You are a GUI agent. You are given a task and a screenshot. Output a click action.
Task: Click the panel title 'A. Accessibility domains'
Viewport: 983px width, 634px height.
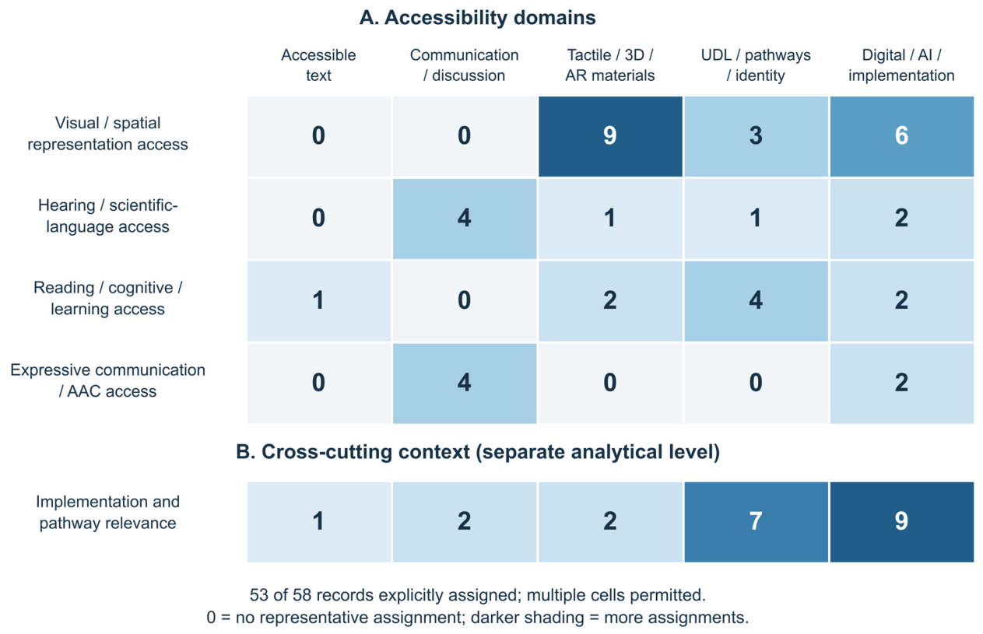[477, 18]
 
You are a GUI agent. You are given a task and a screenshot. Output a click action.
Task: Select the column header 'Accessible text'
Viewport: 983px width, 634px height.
[318, 65]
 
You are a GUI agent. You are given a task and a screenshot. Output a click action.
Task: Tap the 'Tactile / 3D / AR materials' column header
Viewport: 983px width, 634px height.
[610, 65]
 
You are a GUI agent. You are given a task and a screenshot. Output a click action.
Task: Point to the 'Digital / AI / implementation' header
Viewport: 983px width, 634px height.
[901, 65]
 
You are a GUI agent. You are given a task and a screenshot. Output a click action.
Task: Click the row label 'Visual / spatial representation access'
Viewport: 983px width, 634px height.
[107, 133]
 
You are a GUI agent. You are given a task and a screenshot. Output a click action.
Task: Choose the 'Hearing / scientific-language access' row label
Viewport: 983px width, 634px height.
[107, 215]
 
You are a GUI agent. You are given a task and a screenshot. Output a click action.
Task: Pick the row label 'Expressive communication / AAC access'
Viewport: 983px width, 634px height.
[107, 380]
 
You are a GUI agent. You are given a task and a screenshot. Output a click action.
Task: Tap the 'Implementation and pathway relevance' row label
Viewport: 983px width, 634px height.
[107, 512]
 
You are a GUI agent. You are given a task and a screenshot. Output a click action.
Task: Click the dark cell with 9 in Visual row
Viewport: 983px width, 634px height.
[610, 136]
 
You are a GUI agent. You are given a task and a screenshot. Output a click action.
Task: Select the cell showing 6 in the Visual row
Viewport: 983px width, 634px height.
[902, 136]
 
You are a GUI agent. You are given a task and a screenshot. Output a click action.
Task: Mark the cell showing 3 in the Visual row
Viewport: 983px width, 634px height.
[756, 136]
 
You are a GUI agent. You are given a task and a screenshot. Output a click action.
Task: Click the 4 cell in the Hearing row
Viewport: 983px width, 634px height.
[465, 219]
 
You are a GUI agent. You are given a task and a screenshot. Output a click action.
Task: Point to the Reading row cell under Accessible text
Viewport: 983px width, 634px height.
[319, 301]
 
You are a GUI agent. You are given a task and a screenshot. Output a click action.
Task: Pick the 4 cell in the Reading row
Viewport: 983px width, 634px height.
[756, 301]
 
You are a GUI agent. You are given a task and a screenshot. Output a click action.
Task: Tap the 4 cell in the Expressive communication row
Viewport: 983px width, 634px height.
[465, 384]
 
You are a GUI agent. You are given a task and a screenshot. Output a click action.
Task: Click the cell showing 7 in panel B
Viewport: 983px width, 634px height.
[756, 522]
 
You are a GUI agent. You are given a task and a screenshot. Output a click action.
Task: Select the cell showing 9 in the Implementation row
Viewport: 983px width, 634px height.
[902, 522]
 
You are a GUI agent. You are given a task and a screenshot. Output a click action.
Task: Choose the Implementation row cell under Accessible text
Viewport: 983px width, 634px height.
[319, 522]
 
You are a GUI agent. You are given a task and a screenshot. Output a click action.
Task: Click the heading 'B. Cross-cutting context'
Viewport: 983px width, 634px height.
[353, 452]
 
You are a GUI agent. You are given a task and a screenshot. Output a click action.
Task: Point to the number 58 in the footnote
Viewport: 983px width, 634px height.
[302, 595]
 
